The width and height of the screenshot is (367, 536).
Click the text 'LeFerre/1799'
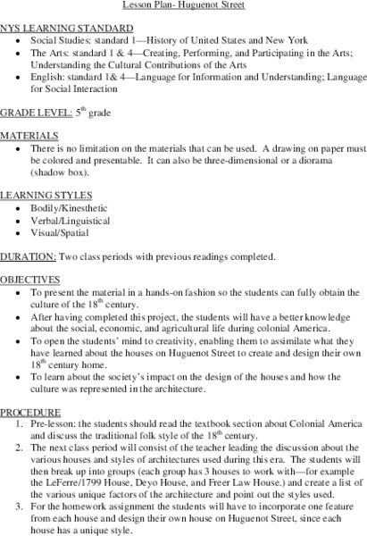[88, 469]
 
